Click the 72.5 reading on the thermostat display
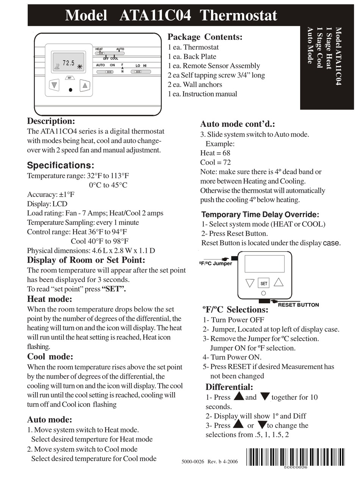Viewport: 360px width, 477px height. click(69, 63)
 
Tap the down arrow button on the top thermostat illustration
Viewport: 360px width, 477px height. click(55, 85)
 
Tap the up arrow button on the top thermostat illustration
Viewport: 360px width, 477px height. click(85, 85)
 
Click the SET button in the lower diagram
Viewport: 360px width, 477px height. click(264, 283)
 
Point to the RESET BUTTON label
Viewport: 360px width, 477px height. click(298, 305)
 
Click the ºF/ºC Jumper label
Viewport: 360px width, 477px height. click(215, 263)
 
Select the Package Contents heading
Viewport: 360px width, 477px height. click(205, 37)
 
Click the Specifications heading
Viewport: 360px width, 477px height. click(60, 165)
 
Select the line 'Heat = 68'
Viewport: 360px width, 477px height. click(215, 153)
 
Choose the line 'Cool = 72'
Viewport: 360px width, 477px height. click(215, 162)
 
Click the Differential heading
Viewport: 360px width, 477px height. click(229, 387)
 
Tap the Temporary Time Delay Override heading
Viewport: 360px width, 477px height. click(260, 215)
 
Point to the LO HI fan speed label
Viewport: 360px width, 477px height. click(141, 66)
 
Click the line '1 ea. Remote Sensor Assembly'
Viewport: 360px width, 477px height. click(214, 66)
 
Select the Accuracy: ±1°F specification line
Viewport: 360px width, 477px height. click(51, 194)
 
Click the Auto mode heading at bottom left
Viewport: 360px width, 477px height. click(49, 419)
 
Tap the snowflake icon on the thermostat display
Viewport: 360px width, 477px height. click(80, 67)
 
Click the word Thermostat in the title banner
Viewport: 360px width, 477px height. click(238, 16)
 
